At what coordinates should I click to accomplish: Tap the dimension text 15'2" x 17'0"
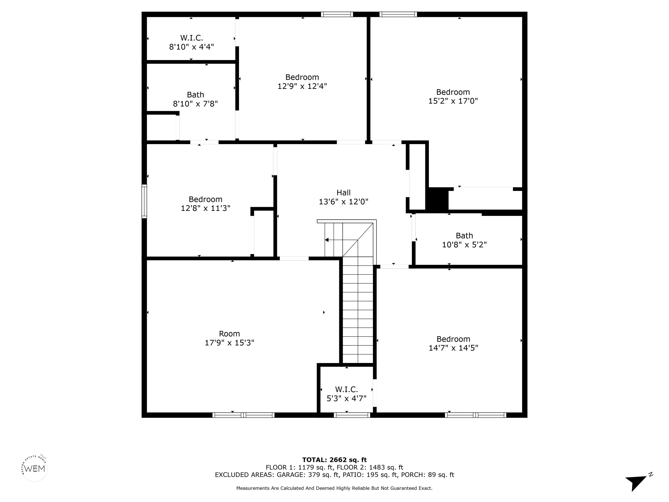point(453,101)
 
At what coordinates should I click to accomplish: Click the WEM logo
point(35,468)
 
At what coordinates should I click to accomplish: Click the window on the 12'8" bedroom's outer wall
point(144,201)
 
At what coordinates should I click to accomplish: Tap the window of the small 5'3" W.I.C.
point(352,415)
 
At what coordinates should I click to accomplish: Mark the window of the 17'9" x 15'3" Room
point(243,415)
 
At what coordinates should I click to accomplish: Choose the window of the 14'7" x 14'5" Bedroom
point(475,415)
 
